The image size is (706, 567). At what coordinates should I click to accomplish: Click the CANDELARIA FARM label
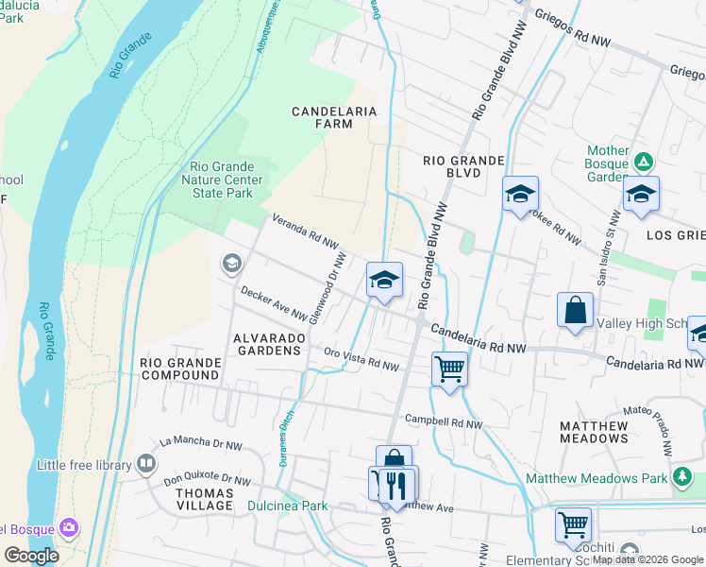(x=334, y=117)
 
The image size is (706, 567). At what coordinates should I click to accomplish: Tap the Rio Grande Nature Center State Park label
(x=221, y=180)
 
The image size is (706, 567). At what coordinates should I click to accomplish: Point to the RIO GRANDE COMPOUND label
(x=179, y=369)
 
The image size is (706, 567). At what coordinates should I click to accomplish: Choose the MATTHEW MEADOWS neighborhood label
(x=594, y=432)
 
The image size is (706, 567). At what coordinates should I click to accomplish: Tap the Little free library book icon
(x=145, y=463)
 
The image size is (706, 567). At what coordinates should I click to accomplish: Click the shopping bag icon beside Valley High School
(x=575, y=310)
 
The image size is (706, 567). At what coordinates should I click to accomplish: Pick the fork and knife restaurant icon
(x=397, y=484)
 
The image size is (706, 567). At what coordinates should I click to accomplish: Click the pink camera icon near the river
(x=68, y=526)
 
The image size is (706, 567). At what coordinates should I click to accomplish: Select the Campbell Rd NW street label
(x=443, y=422)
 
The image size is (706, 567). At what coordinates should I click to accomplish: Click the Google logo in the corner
(x=31, y=556)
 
